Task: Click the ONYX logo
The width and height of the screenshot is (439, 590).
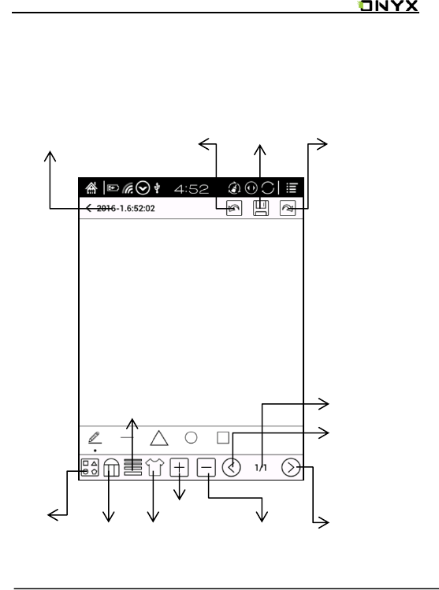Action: (388, 6)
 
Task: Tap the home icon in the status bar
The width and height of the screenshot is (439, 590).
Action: (91, 187)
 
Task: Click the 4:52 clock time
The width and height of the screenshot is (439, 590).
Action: (192, 188)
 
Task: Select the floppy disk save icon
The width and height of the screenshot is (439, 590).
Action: (261, 208)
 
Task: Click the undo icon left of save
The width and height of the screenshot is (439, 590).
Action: (234, 208)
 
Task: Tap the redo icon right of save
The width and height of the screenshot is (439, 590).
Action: (288, 208)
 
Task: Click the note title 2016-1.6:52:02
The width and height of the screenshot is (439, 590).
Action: (126, 208)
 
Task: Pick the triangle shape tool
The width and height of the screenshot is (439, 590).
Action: (159, 438)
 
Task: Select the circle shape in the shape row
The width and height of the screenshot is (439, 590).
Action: (192, 438)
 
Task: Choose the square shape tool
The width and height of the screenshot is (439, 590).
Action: (223, 438)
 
